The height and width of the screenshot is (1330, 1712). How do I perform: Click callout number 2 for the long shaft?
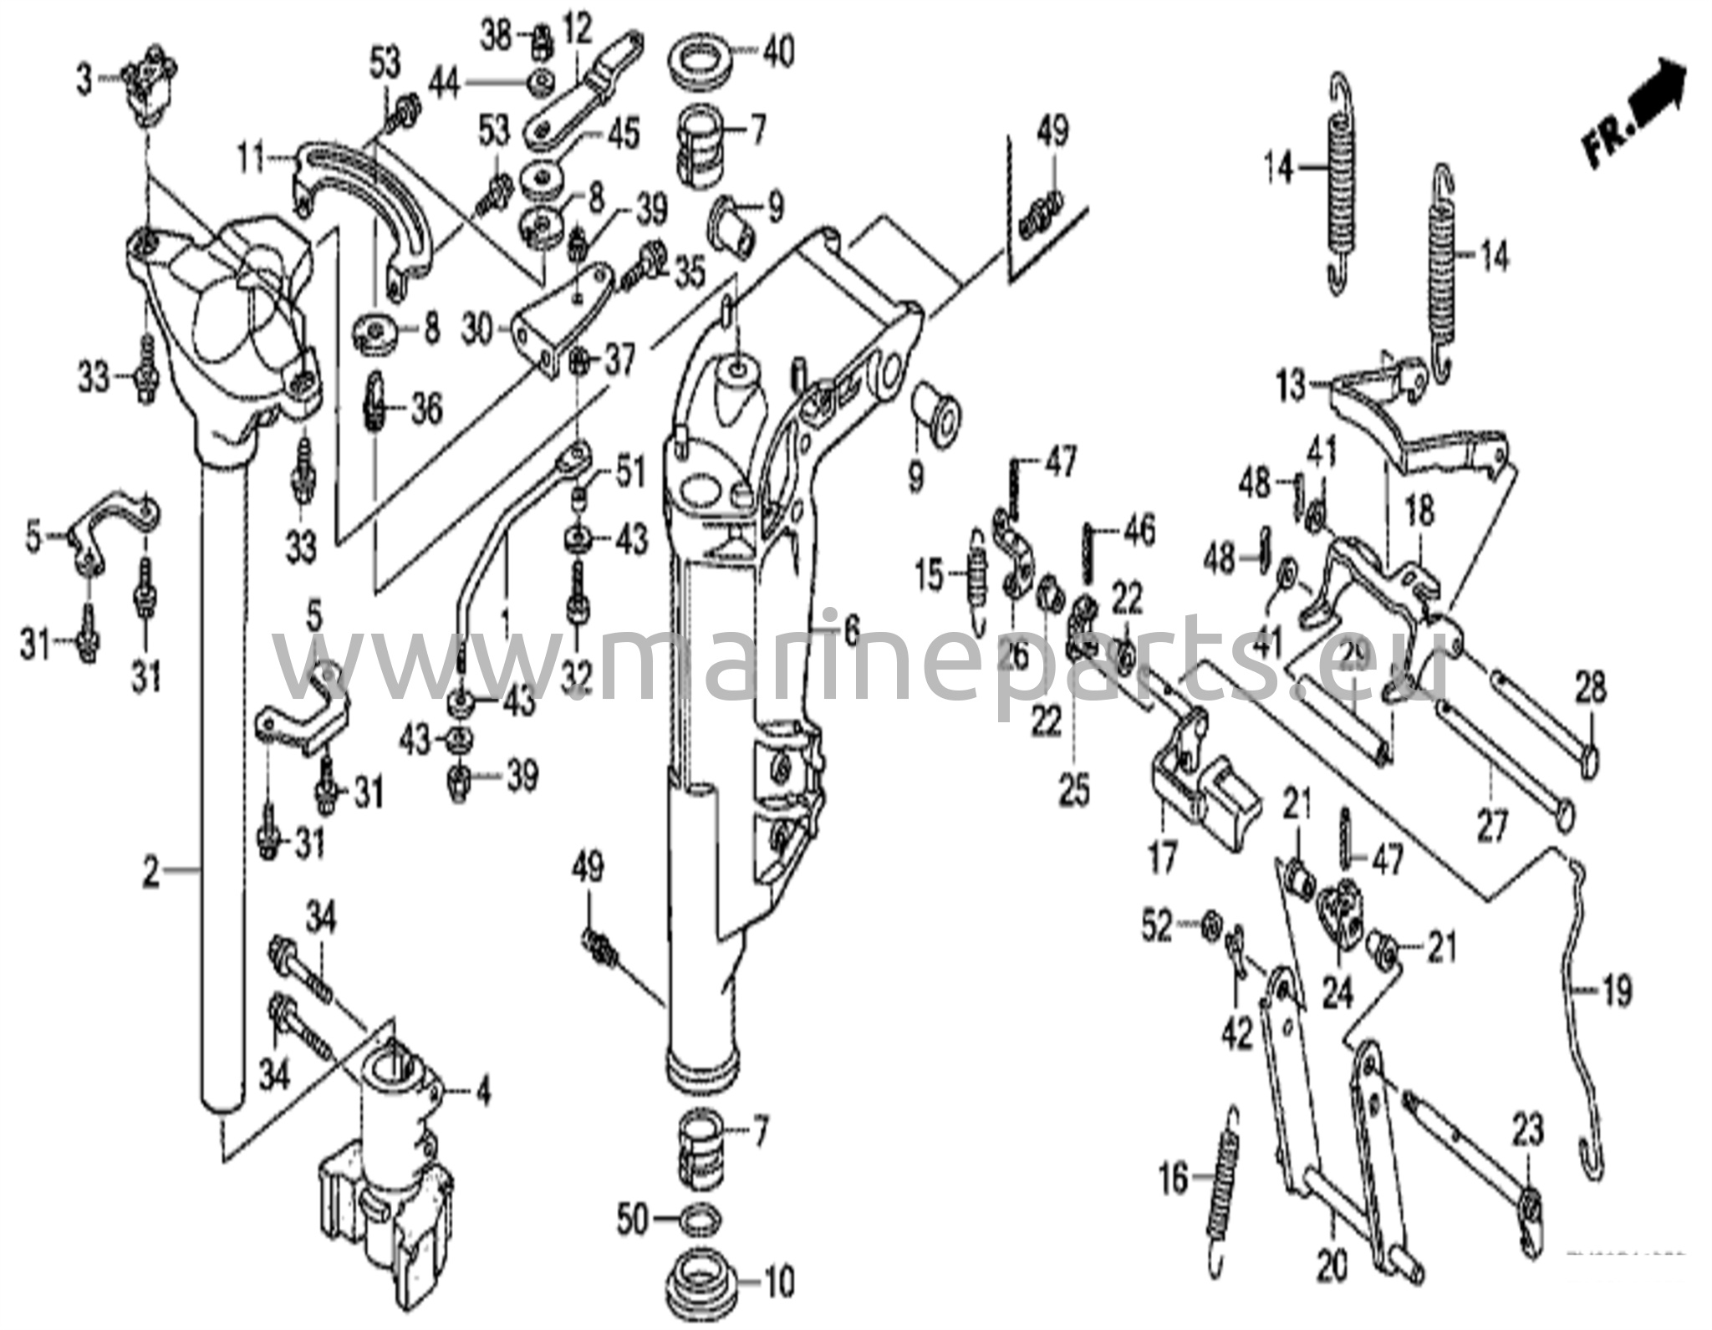150,871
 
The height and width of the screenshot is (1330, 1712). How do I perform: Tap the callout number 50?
632,1220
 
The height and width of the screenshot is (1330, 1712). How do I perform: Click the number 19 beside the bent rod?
1617,991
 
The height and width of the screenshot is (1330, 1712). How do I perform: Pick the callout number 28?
1590,690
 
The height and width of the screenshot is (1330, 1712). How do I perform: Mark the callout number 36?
426,410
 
